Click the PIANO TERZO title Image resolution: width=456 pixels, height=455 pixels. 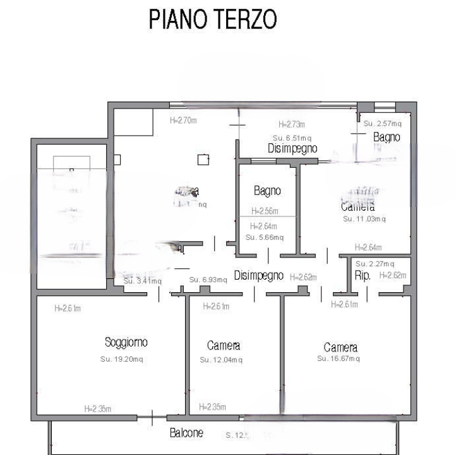[x=213, y=20]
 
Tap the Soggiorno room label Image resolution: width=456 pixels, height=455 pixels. [x=126, y=343]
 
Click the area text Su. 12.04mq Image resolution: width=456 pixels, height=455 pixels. [x=221, y=360]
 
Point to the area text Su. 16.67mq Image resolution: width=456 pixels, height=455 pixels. [x=339, y=358]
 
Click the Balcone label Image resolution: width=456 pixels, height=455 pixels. [x=186, y=433]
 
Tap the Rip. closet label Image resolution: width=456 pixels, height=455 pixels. [x=363, y=276]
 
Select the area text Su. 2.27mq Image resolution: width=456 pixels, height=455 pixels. [x=375, y=264]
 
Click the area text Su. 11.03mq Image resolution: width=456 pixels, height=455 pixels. [x=364, y=219]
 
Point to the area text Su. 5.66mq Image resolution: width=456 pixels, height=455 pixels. [x=265, y=237]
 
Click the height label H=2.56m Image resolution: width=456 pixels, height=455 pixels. [x=265, y=211]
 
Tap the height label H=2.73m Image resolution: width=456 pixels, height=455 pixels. [x=292, y=124]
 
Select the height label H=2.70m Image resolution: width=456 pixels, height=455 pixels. [x=184, y=120]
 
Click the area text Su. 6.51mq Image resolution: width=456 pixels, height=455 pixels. [x=292, y=138]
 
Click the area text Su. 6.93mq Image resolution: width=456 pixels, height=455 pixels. [x=208, y=280]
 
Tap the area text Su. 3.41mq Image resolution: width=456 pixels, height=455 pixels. [x=143, y=281]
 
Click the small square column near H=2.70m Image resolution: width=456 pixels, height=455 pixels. [x=203, y=160]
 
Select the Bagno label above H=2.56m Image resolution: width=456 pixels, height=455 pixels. [x=267, y=191]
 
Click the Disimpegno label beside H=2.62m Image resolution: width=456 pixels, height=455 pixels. [x=258, y=276]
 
